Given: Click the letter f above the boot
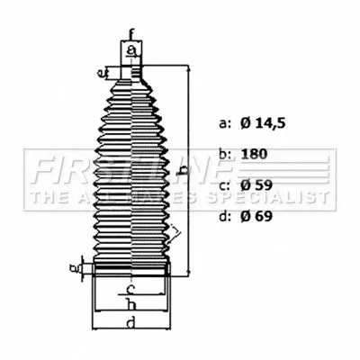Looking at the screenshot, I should pyautogui.click(x=131, y=36).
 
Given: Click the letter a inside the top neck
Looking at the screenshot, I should pyautogui.click(x=131, y=50).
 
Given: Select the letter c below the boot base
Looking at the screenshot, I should pyautogui.click(x=131, y=290).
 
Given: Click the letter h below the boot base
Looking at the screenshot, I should pyautogui.click(x=131, y=304).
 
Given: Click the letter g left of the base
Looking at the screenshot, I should pyautogui.click(x=75, y=266).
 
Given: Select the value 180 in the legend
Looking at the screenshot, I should pyautogui.click(x=254, y=154).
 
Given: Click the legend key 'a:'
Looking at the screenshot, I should pyautogui.click(x=225, y=121).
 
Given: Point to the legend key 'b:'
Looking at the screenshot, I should pyautogui.click(x=225, y=154).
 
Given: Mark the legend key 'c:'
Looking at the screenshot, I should pyautogui.click(x=225, y=185).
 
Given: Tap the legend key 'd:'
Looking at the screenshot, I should pyautogui.click(x=225, y=216).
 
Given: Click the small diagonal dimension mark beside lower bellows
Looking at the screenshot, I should pyautogui.click(x=175, y=236).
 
